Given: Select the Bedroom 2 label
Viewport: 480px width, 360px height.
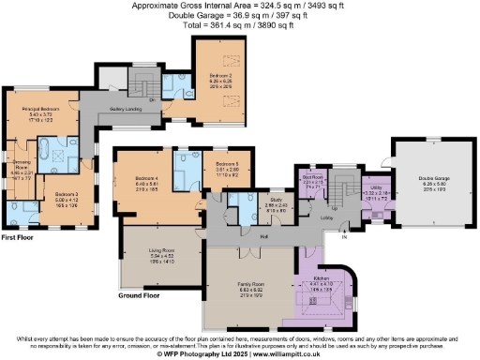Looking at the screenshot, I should (x=220, y=73).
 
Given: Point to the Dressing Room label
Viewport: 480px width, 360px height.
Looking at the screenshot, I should (x=21, y=168).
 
